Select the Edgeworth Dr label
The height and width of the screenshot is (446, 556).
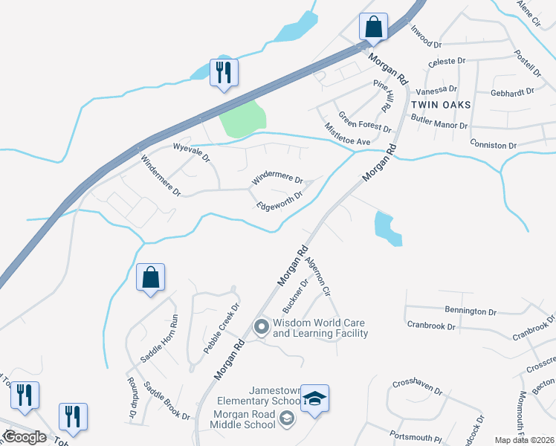click(279, 201)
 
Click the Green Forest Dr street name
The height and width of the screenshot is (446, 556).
click(364, 122)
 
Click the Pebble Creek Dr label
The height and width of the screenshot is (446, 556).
click(222, 328)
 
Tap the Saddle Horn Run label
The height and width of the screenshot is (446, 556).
click(160, 339)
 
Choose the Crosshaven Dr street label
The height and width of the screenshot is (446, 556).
click(417, 390)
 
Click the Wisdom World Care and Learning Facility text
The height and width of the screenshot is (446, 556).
click(320, 328)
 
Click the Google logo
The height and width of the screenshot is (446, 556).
click(25, 436)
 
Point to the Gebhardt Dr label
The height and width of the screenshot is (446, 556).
click(512, 92)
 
